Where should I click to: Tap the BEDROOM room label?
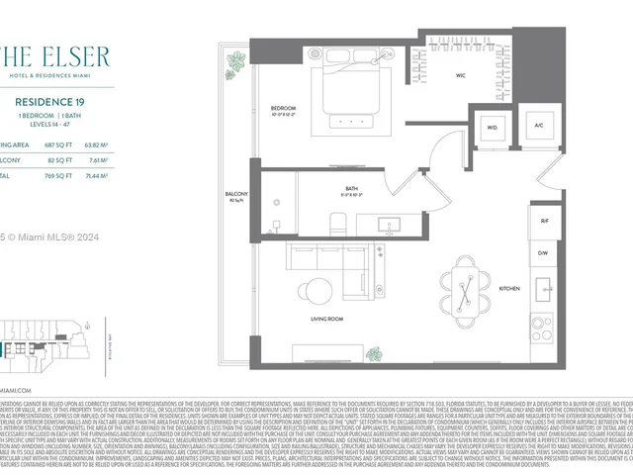pyautogui.click(x=284, y=109)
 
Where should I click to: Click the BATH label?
pyautogui.click(x=351, y=188)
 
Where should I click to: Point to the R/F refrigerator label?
pyautogui.click(x=545, y=222)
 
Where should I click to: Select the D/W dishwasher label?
pyautogui.click(x=545, y=253)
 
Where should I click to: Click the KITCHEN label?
pyautogui.click(x=509, y=288)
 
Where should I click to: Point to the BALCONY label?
pyautogui.click(x=236, y=194)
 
